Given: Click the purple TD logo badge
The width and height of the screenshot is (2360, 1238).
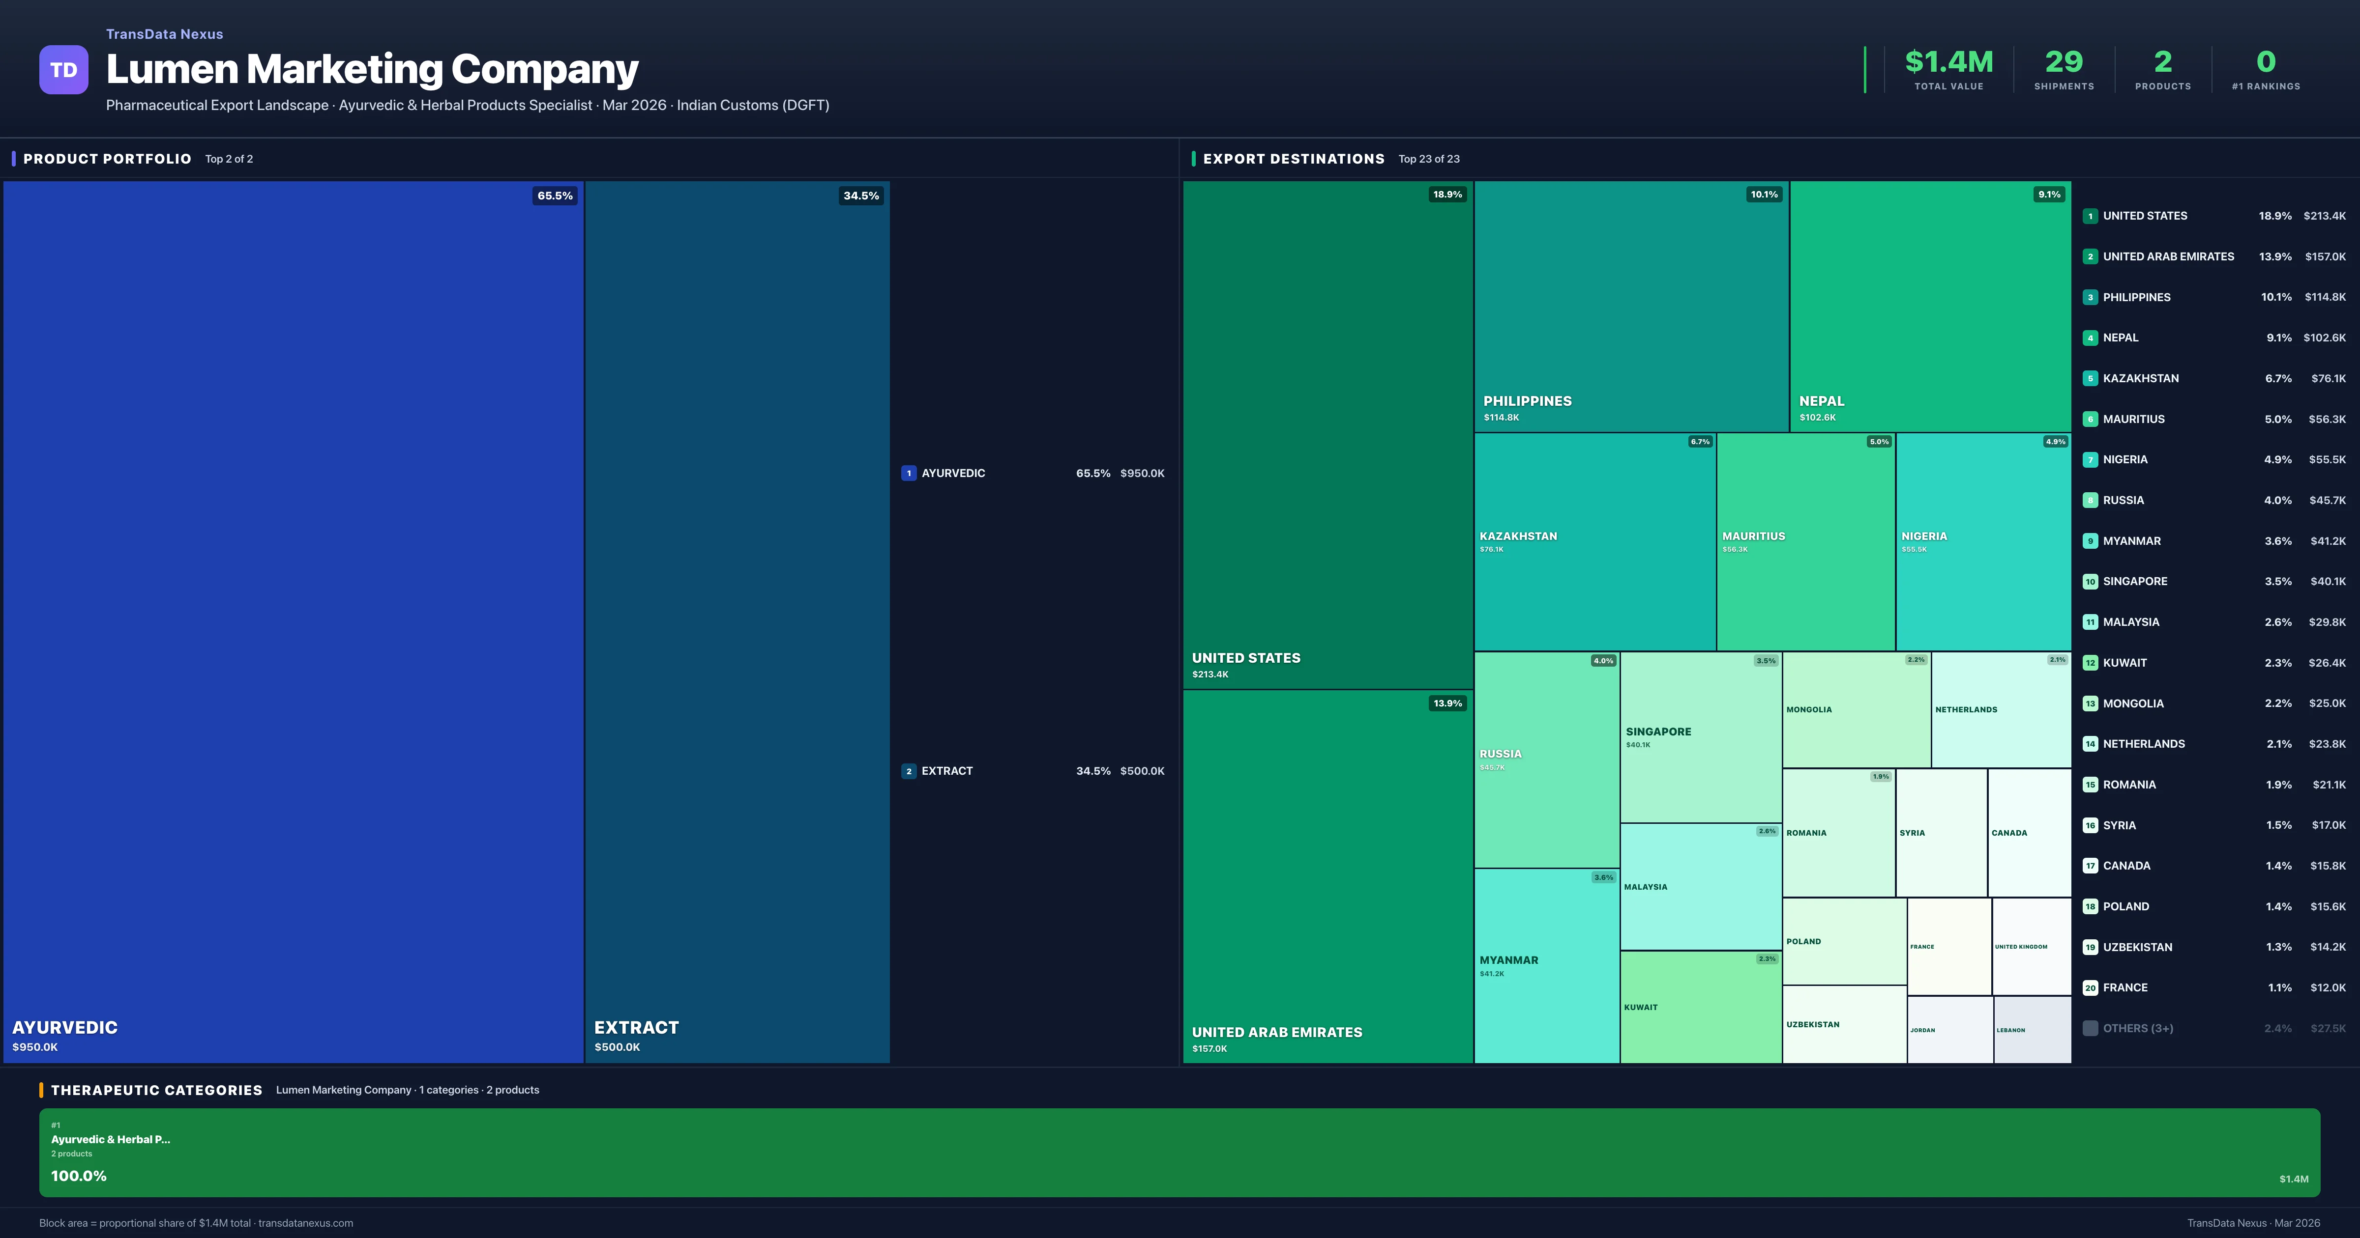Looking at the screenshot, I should click(x=63, y=70).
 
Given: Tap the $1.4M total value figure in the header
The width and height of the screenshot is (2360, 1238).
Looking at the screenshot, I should click(x=1948, y=62).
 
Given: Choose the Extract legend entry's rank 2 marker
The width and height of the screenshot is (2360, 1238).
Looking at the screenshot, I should click(x=908, y=771).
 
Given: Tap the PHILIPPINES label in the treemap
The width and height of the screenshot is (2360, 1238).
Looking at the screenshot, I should click(x=1527, y=401).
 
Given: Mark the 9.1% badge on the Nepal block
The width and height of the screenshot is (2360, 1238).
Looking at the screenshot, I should click(x=2048, y=194).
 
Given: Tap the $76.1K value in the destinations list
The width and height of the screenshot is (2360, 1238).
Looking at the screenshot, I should click(x=2328, y=378).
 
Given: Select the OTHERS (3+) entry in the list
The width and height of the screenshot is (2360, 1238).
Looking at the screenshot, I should click(x=2137, y=1028).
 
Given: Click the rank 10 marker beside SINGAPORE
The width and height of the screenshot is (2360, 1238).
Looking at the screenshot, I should click(x=2090, y=582).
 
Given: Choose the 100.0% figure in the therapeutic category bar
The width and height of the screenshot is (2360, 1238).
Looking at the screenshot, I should click(x=79, y=1176).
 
